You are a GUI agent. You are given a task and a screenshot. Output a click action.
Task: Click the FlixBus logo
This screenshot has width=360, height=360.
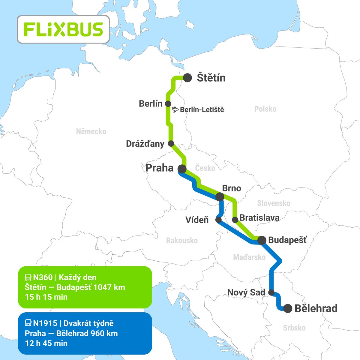[x=63, y=29]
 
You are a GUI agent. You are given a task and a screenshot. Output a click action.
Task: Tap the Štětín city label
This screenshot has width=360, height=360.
[x=211, y=78]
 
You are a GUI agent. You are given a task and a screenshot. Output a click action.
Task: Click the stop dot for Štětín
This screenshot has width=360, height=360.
[x=187, y=78]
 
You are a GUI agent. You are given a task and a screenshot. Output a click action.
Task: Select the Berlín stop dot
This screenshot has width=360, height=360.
[x=168, y=104]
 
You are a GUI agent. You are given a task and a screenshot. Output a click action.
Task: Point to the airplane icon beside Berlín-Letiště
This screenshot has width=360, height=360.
[x=176, y=110]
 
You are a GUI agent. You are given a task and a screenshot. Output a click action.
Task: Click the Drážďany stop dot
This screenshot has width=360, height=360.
[x=171, y=143]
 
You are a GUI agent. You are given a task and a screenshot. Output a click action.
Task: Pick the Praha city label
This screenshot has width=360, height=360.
[x=159, y=168]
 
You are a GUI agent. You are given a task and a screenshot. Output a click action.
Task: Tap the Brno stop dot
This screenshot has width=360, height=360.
[x=220, y=197]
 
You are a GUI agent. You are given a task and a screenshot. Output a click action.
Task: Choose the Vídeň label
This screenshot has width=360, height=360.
[x=197, y=220]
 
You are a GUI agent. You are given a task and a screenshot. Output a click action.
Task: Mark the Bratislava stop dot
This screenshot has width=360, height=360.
[x=235, y=220]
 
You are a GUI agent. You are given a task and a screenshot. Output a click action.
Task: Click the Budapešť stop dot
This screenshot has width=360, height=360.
[x=262, y=240]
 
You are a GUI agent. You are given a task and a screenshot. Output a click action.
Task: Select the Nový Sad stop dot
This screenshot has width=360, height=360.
[x=271, y=292]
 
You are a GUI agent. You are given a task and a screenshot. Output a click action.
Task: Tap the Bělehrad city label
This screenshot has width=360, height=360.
[x=316, y=308]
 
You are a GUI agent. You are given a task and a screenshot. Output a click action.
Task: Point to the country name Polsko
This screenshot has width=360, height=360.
[x=265, y=109]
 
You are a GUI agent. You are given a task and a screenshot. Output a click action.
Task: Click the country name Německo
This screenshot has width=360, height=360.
[x=91, y=131]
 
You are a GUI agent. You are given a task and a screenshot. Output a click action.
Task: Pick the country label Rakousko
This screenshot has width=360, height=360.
[x=182, y=240]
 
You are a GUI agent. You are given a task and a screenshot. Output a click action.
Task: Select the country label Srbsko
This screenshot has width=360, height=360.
[x=294, y=328]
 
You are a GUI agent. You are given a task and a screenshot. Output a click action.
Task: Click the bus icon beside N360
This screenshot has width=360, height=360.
[x=28, y=277]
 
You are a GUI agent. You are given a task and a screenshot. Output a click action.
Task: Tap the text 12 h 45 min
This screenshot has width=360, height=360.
[x=46, y=343]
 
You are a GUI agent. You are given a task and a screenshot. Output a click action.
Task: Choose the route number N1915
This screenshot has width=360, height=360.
[x=45, y=323]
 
